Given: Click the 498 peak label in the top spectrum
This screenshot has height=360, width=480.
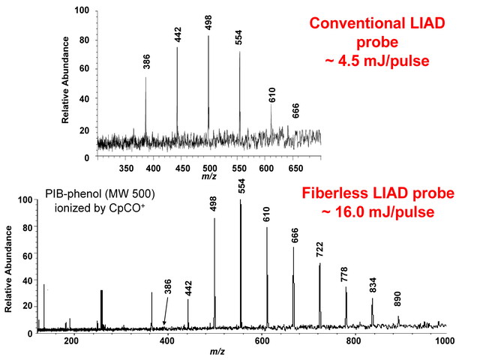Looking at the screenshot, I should click(209, 22).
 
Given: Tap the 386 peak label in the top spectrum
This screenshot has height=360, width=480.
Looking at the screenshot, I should click(146, 64).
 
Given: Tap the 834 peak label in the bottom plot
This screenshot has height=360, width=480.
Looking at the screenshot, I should click(372, 286).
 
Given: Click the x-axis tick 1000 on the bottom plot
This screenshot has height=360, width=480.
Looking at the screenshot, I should click(445, 341).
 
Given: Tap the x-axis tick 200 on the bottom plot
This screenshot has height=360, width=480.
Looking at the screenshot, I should click(72, 341).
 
